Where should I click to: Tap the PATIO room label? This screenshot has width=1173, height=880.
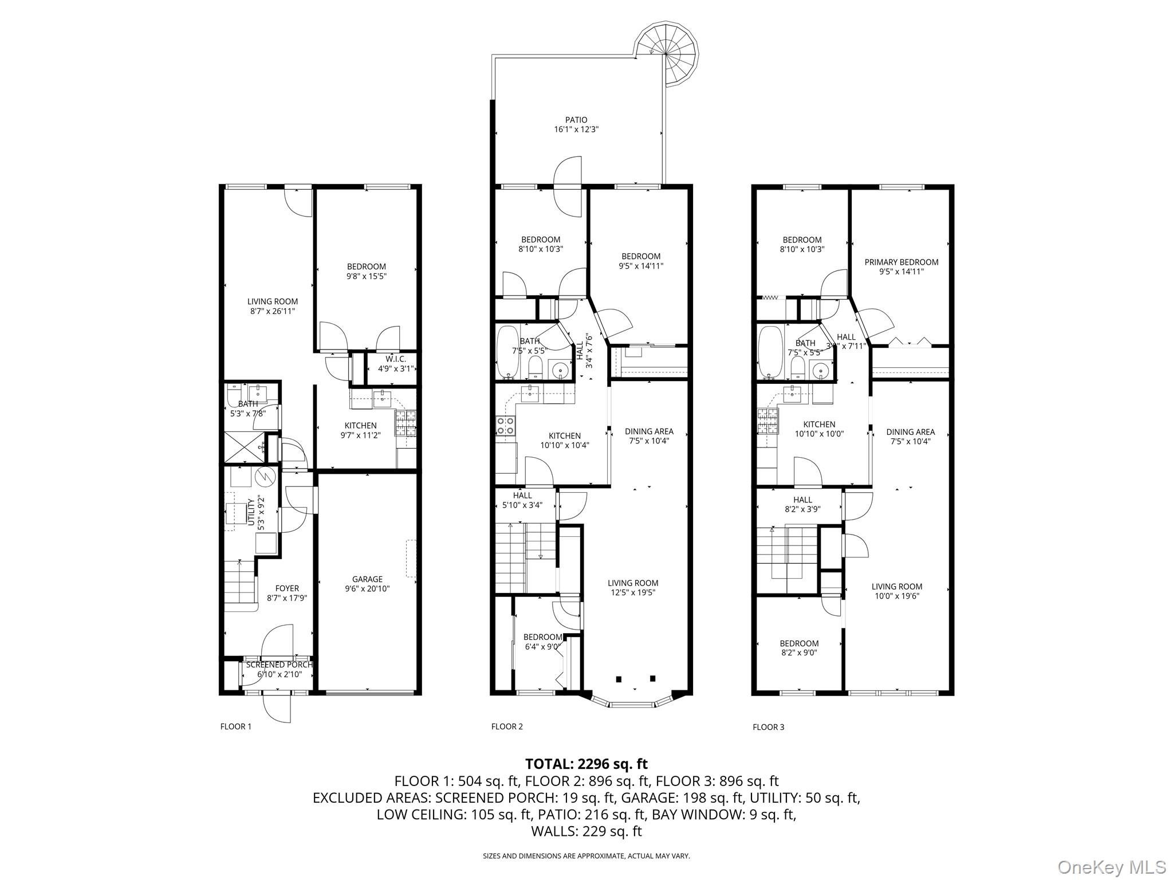tap(576, 120)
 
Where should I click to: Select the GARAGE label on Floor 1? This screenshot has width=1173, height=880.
tap(367, 579)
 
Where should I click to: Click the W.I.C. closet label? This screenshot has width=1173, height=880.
tap(395, 359)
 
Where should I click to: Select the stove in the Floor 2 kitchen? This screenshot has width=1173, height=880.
tap(505, 425)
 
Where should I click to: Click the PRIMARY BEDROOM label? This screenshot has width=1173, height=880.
tap(901, 262)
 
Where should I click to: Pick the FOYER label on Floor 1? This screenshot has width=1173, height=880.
tap(287, 588)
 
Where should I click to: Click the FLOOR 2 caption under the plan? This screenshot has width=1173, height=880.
tap(507, 727)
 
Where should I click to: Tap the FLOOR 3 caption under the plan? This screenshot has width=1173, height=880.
tap(768, 728)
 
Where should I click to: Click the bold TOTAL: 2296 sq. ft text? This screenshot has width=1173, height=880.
tap(586, 764)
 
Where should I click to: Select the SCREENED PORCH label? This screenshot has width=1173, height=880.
tap(279, 665)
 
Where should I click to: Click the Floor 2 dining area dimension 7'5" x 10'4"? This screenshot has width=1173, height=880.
tap(648, 441)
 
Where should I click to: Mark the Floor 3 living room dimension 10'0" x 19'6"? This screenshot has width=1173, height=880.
tap(897, 596)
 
